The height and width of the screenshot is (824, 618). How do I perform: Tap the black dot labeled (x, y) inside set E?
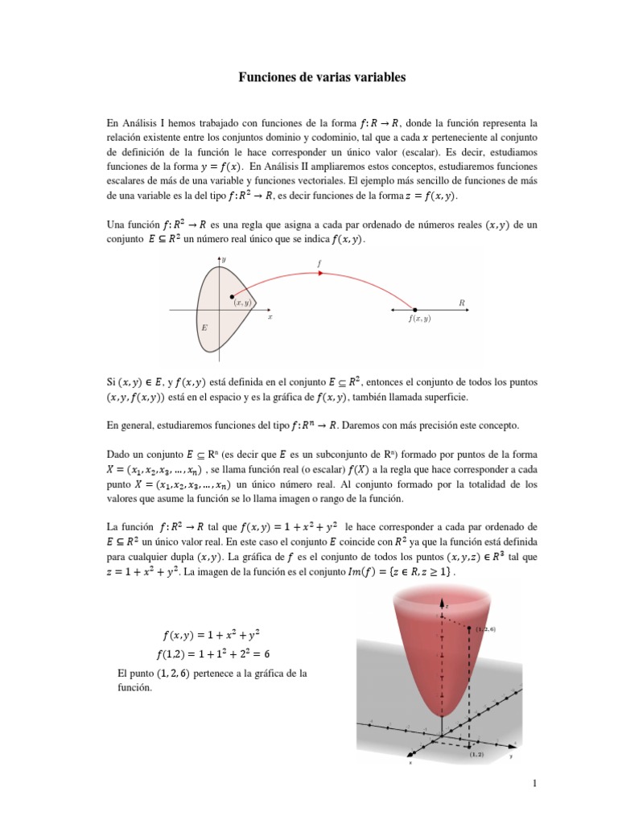[233, 296]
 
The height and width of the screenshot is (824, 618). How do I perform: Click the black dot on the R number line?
[415, 310]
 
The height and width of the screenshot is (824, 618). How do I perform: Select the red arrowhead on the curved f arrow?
[321, 273]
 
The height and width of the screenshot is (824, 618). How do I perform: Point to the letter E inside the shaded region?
[204, 329]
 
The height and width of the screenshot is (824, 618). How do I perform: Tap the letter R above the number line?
[462, 303]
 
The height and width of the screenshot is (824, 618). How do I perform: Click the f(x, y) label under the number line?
[419, 319]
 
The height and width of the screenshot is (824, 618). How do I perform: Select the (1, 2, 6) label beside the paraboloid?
[485, 630]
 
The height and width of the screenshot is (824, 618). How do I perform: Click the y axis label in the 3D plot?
[510, 757]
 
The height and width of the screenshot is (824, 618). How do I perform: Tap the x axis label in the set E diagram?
[270, 317]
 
